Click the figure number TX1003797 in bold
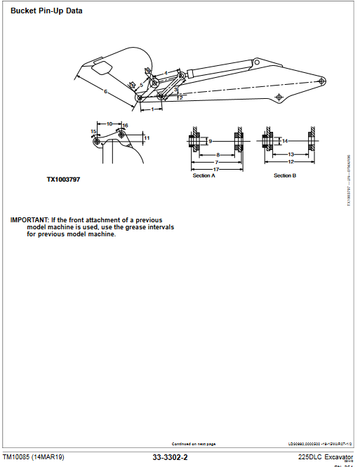63,180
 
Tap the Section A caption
204,175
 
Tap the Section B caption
284,175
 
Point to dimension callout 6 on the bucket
105,92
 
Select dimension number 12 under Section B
291,162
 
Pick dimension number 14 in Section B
285,141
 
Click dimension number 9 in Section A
210,141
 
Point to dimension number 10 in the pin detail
109,123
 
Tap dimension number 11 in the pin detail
147,138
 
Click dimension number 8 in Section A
218,154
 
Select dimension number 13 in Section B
291,154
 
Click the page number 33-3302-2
170,457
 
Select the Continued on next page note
194,444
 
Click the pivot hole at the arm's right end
321,79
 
